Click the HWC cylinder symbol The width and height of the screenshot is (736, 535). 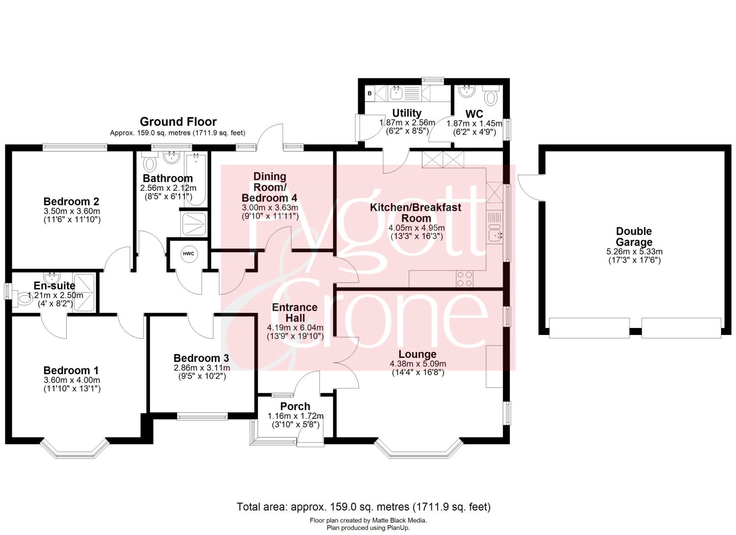pos(188,254)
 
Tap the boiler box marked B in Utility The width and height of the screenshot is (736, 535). pos(369,93)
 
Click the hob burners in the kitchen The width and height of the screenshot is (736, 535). pos(465,279)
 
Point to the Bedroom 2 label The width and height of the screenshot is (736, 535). pos(71,201)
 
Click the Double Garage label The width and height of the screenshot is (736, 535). pos(634,236)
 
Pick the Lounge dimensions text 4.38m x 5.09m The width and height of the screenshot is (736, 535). pos(418,363)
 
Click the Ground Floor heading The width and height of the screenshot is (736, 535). pos(178,122)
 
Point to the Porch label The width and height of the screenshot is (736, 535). pos(295,406)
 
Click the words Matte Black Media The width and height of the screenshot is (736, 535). pos(399,520)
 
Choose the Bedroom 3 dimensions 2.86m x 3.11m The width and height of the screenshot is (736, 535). pos(202,367)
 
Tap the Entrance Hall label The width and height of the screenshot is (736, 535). pos(295,312)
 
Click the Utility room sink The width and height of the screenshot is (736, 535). pos(397,93)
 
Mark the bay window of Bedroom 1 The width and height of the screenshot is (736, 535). pos(75,448)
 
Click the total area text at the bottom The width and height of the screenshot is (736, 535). pos(364,507)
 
